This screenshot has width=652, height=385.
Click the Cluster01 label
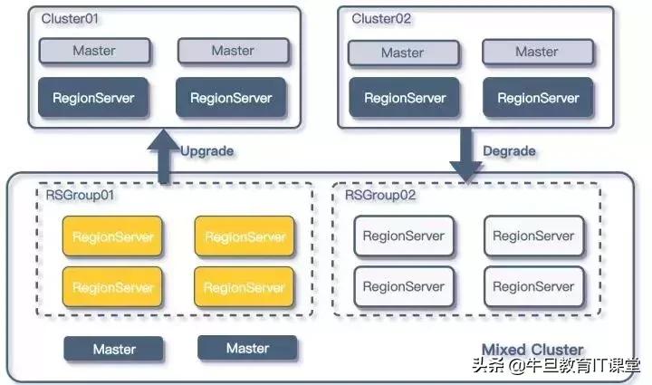click(68, 18)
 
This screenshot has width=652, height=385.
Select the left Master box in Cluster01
click(94, 52)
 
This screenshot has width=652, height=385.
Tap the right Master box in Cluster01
click(233, 52)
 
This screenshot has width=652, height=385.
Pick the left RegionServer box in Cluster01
click(94, 97)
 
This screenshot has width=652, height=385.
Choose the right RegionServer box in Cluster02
click(538, 98)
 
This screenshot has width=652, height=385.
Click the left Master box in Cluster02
click(402, 53)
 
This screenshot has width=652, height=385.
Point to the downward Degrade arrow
click(468, 155)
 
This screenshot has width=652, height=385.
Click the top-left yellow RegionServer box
click(112, 237)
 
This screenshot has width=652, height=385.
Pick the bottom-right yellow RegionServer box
click(245, 287)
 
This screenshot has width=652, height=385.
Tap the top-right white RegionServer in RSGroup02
click(533, 236)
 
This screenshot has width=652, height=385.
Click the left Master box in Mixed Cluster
click(114, 350)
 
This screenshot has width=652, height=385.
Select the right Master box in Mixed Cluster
click(247, 349)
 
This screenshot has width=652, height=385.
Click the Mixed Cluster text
click(532, 350)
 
